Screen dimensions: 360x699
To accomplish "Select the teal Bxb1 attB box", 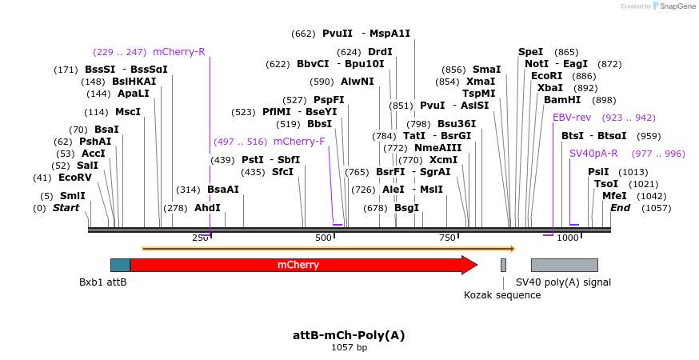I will pyautogui.click(x=120, y=265).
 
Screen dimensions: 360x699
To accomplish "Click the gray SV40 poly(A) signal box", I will pyautogui.click(x=564, y=265).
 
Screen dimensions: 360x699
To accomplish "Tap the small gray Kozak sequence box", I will pyautogui.click(x=503, y=265).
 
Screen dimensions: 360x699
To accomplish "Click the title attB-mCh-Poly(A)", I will pyautogui.click(x=349, y=335).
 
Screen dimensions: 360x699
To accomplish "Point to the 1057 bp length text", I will pyautogui.click(x=349, y=348).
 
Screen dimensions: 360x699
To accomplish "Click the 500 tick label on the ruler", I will pyautogui.click(x=323, y=238).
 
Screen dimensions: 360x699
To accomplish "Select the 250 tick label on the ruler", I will pyautogui.click(x=200, y=238).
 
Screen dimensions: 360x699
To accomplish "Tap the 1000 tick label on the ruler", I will pyautogui.click(x=568, y=238).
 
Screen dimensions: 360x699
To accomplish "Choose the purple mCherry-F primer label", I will pyautogui.click(x=299, y=142).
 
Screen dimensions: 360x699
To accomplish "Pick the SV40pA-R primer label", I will pyautogui.click(x=593, y=154).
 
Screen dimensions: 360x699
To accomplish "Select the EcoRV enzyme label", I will pyautogui.click(x=75, y=178).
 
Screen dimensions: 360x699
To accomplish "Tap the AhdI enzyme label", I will pyautogui.click(x=207, y=208).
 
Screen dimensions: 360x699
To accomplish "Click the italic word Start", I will pyautogui.click(x=66, y=208).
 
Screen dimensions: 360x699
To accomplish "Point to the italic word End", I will pyautogui.click(x=620, y=208).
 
